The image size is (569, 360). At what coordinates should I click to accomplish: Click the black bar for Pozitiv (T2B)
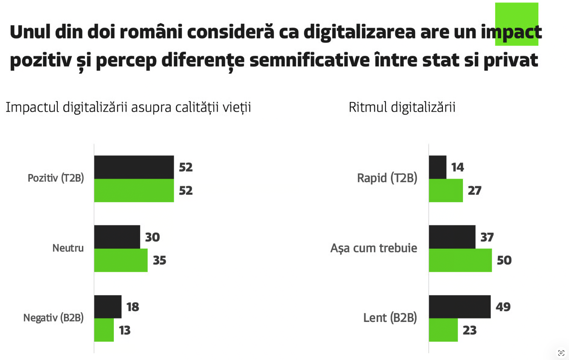coord(134,167)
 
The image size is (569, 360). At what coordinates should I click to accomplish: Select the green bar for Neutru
coord(121,260)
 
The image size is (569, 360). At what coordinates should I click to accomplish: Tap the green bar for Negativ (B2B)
coord(104,330)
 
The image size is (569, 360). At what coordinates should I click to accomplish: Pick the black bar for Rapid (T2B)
coord(437,167)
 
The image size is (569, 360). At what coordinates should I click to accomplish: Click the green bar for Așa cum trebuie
coord(460,260)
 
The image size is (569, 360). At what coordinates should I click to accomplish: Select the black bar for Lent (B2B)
coord(459,307)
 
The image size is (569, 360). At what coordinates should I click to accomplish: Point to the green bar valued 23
coord(443,330)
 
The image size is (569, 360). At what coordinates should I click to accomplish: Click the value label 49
coord(503,307)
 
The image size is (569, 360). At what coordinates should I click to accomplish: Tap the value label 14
coord(457,167)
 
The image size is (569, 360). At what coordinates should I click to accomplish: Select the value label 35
coord(159,260)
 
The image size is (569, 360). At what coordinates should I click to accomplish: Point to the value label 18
coord(132,307)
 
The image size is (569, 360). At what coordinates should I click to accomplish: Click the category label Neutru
coord(68,248)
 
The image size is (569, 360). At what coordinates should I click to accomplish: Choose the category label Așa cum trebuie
coord(374,248)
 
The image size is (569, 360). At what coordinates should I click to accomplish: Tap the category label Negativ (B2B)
coord(54,318)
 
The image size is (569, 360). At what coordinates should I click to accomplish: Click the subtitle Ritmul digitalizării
coord(402,107)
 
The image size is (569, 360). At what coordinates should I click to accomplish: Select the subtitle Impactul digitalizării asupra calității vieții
coord(128,107)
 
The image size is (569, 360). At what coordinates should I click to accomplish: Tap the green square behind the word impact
coord(516,13)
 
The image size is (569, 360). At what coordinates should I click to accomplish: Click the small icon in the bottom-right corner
coord(561,353)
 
